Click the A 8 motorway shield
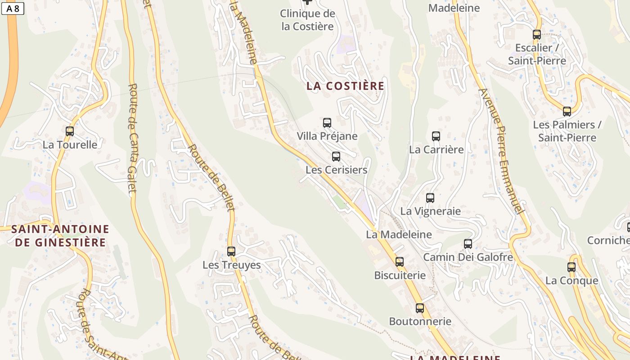(x=13, y=8)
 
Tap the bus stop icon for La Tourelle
(x=70, y=131)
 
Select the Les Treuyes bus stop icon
(x=231, y=252)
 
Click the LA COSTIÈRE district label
(x=346, y=86)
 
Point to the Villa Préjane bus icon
(x=327, y=122)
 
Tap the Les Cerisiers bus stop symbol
(x=336, y=157)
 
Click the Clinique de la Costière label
(x=308, y=20)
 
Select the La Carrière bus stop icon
(x=436, y=136)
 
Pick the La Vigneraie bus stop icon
(x=430, y=198)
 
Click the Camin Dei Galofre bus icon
(x=468, y=244)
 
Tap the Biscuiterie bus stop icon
(x=400, y=261)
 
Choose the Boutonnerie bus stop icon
(x=420, y=308)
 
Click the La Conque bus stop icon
(x=571, y=267)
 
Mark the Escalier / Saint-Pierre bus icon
(x=537, y=34)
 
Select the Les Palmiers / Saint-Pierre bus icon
(x=567, y=111)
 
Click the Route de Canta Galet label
(x=132, y=138)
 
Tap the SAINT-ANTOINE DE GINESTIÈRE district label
(x=60, y=236)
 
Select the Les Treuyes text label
(x=232, y=265)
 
